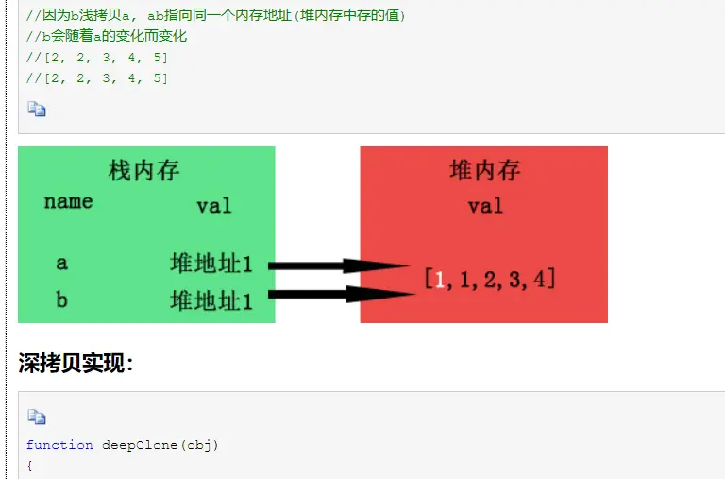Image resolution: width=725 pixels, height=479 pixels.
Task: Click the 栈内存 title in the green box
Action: [x=144, y=171]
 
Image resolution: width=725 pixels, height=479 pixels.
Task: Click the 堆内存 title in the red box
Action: [x=485, y=171]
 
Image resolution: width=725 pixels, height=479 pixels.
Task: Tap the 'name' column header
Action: [x=68, y=201]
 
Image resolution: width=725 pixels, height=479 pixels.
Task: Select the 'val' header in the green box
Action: [x=213, y=206]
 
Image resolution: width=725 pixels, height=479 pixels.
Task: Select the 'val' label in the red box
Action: [x=485, y=206]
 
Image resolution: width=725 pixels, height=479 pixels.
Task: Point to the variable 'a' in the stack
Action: [x=61, y=264]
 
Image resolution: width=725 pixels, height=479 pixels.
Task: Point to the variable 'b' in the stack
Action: [x=61, y=300]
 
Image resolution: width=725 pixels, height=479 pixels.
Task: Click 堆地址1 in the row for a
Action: [x=211, y=264]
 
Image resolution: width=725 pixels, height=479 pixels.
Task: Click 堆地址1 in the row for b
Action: [x=211, y=300]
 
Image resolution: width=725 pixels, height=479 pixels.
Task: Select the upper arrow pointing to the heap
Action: [x=340, y=265]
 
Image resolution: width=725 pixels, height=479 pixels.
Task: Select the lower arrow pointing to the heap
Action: [x=340, y=295]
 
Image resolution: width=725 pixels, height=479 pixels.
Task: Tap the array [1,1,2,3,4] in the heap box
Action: [x=489, y=279]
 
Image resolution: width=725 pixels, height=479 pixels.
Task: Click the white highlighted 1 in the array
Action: [x=440, y=279]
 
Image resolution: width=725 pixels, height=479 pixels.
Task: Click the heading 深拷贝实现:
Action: [x=76, y=364]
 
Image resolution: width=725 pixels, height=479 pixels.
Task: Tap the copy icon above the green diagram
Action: [x=36, y=110]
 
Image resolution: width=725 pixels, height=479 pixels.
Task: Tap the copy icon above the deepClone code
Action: [x=36, y=417]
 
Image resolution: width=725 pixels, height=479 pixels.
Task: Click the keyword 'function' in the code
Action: [x=59, y=445]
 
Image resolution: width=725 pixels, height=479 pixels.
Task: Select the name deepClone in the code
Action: [x=137, y=445]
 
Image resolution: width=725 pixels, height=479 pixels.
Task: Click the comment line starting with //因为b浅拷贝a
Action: [x=216, y=16]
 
